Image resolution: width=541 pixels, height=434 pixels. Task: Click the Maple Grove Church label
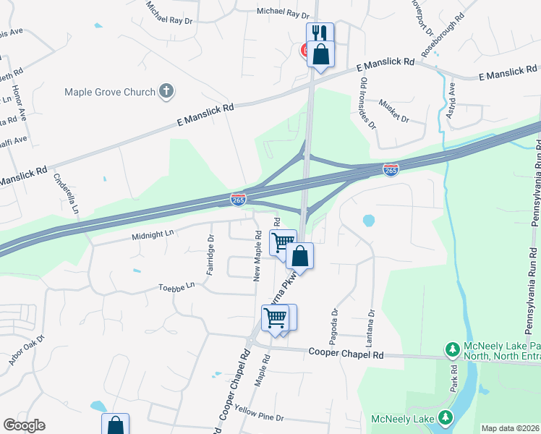coord(109,92)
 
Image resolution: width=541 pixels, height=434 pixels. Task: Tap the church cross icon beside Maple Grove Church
coord(167,91)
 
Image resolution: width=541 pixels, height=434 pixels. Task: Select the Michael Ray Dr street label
coord(282,13)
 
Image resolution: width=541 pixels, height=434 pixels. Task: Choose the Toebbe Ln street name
coord(176,286)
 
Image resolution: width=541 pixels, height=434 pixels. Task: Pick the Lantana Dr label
coord(372,323)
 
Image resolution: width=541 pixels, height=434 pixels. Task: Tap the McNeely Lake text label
coord(401,419)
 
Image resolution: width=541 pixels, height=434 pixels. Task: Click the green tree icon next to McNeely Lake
coord(446,417)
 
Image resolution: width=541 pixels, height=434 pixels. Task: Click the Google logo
coord(24,425)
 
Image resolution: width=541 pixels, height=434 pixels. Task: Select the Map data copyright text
coord(510,428)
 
